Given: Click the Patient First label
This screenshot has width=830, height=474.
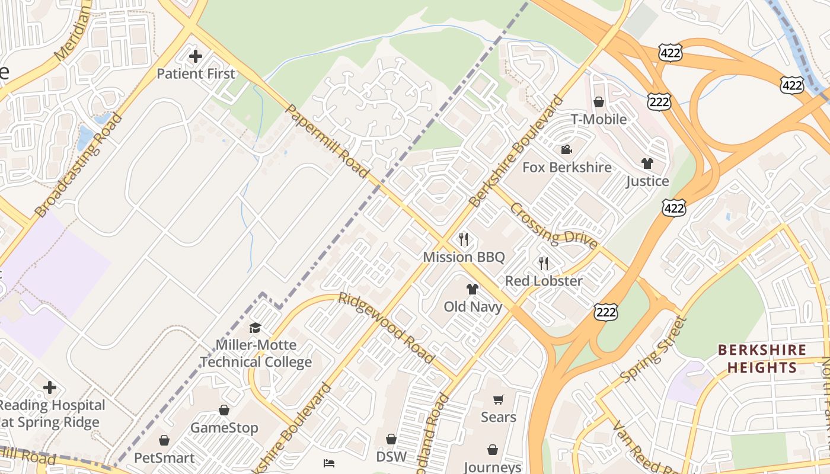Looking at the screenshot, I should click(x=196, y=74).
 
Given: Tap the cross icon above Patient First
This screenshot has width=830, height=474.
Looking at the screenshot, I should click(x=195, y=57).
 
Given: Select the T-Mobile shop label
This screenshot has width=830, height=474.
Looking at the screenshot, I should click(x=599, y=119).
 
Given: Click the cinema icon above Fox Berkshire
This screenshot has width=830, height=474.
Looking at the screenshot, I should click(x=566, y=150).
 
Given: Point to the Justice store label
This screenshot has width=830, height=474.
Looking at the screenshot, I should click(x=647, y=181).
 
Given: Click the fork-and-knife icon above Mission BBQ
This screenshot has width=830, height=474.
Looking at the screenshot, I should click(x=464, y=239).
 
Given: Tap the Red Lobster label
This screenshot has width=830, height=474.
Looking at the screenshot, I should click(x=544, y=281).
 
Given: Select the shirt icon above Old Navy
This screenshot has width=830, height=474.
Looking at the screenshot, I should click(x=472, y=289).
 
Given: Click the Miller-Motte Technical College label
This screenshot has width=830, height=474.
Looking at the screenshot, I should click(x=256, y=353).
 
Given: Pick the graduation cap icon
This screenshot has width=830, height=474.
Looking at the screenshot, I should click(x=255, y=328).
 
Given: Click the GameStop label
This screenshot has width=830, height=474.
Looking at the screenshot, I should click(x=224, y=428).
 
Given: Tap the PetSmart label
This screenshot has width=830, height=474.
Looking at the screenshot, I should click(x=164, y=458).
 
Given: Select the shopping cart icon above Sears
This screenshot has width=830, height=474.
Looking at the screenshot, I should click(x=498, y=400).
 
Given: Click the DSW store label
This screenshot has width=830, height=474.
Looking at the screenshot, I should click(x=391, y=457).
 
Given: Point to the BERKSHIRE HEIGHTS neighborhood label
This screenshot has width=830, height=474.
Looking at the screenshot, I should click(x=762, y=358).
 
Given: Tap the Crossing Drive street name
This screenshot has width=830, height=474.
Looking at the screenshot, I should click(x=553, y=226).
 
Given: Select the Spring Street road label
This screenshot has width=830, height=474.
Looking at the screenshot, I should click(x=653, y=350).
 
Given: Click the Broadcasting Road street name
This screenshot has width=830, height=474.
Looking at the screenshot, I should click(x=78, y=165).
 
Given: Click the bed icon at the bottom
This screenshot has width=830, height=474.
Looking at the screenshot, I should click(x=329, y=463).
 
